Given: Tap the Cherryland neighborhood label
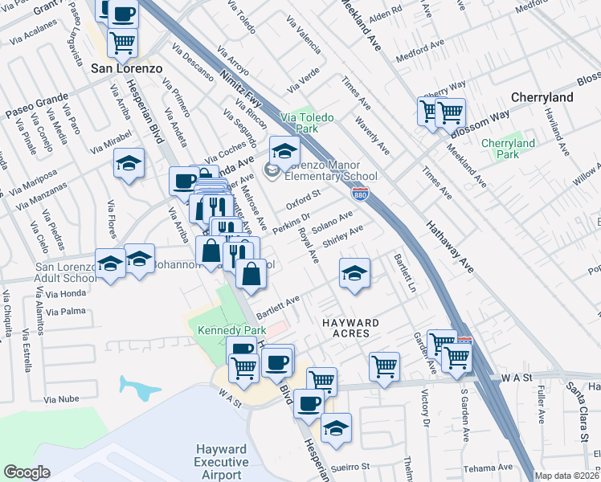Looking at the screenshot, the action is (x=542, y=97).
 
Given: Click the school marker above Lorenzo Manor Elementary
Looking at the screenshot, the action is (x=284, y=149).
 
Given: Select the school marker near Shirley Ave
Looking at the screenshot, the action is (x=354, y=272).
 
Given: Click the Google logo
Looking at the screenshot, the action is (x=27, y=472).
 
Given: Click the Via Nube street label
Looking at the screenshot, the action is (x=61, y=398).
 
